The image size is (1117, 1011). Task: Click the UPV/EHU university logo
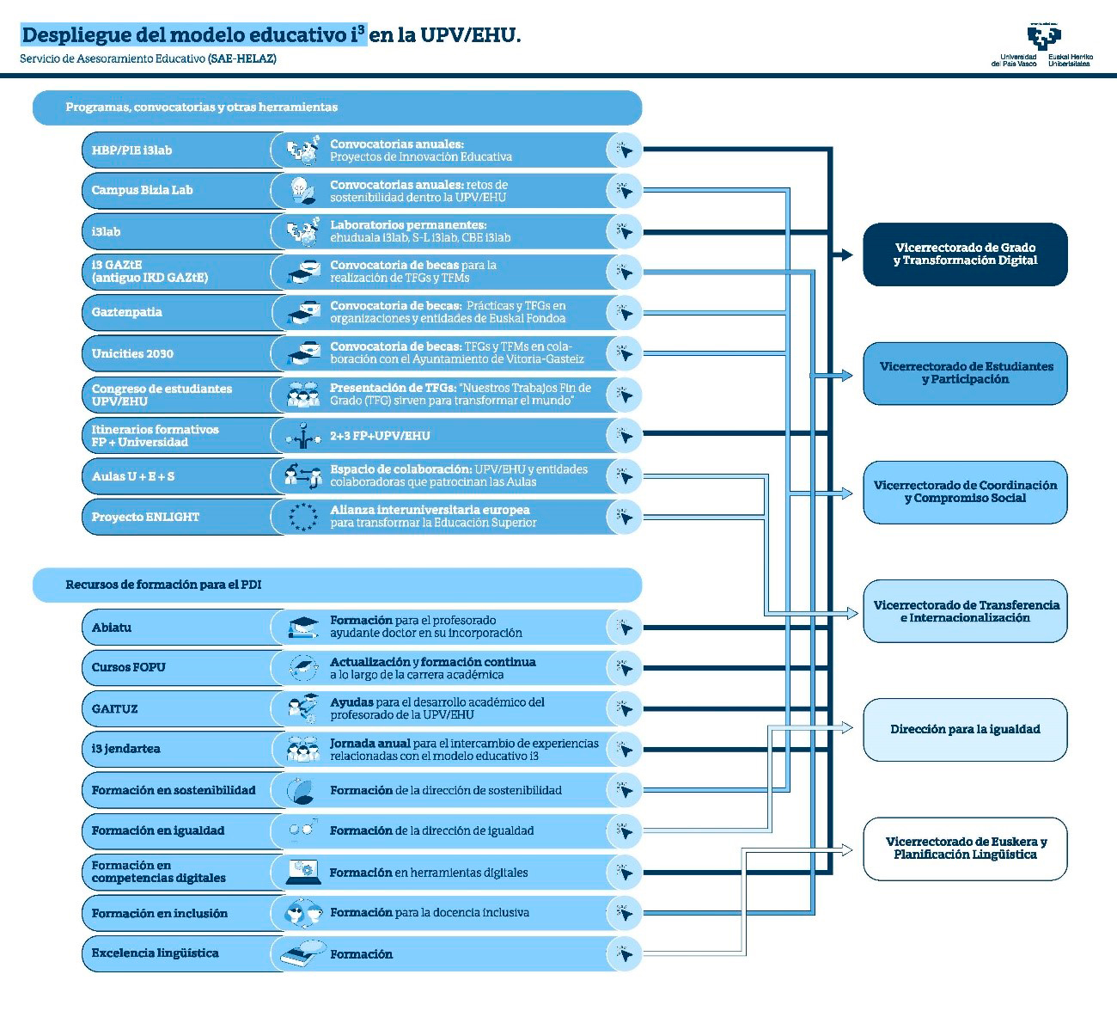click(1042, 40)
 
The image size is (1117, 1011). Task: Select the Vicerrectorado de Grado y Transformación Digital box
click(965, 254)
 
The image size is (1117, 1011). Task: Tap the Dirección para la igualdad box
click(965, 730)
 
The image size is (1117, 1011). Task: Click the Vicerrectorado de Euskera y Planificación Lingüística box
click(965, 849)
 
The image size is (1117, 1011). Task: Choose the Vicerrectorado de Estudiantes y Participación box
click(965, 373)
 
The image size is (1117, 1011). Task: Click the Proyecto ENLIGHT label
click(146, 517)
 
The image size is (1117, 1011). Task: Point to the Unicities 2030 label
click(133, 353)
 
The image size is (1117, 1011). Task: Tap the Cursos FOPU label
click(129, 667)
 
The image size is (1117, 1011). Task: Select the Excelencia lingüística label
click(156, 953)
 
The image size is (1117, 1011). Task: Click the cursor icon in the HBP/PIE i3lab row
click(625, 150)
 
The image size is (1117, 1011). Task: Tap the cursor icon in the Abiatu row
click(625, 628)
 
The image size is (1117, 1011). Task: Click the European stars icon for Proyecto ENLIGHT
click(303, 517)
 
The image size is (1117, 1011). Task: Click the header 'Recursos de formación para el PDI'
click(163, 585)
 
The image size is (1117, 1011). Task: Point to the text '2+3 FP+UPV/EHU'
click(380, 436)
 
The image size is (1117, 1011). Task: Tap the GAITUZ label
click(115, 709)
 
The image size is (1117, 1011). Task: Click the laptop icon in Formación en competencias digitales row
click(303, 872)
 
